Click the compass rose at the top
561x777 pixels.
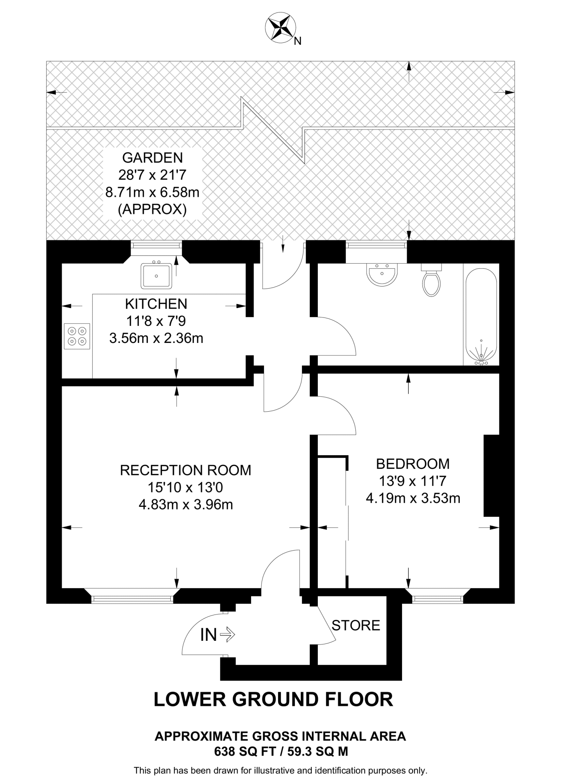[x=281, y=27]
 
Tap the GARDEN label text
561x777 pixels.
[x=152, y=157]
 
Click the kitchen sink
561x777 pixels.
[x=156, y=275]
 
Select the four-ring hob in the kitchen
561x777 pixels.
[x=77, y=336]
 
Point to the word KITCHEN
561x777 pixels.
[x=156, y=304]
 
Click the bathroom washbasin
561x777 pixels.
[x=382, y=274]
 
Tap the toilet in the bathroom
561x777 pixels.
[x=431, y=281]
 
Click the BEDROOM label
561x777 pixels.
[x=413, y=464]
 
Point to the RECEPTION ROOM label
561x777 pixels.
[x=185, y=470]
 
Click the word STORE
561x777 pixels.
[x=356, y=625]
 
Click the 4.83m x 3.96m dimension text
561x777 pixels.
[x=185, y=505]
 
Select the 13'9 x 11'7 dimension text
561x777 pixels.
[x=413, y=481]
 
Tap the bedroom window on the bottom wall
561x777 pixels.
[x=438, y=599]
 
